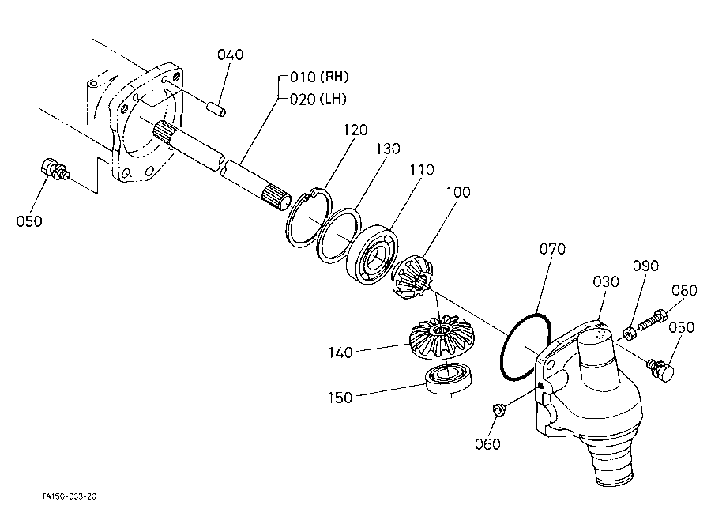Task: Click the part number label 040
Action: pos(230,55)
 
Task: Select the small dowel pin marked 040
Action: pos(216,108)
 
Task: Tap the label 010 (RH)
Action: pos(319,77)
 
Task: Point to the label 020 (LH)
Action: pos(318,99)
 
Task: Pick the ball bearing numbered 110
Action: pos(373,254)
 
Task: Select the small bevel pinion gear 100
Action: pos(413,278)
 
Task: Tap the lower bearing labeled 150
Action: pos(449,379)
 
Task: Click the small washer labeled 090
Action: pos(630,333)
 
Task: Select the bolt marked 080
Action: pos(652,320)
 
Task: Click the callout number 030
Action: pos(606,281)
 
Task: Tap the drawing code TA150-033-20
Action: pos(70,496)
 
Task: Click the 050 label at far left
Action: pos(29,221)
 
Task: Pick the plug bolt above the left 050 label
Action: pos(52,169)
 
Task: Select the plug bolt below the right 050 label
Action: pos(660,369)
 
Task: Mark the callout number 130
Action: pos(388,149)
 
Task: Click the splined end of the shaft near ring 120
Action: pos(277,198)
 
